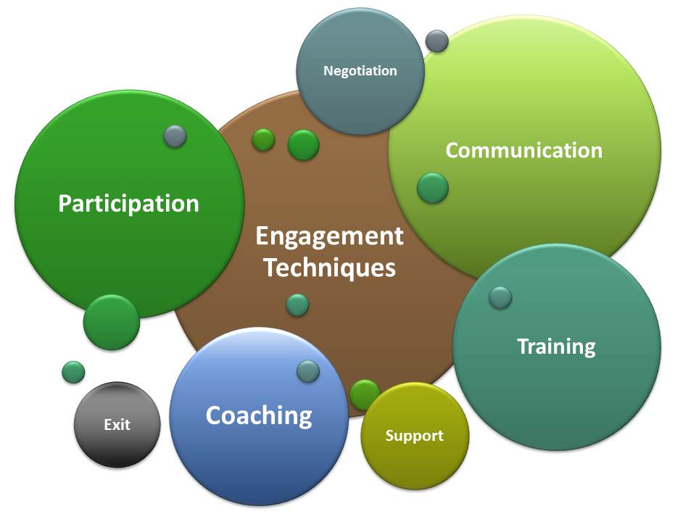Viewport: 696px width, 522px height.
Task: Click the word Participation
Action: click(x=128, y=204)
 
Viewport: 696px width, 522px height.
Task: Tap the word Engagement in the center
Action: click(x=329, y=236)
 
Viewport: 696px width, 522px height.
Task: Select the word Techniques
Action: click(x=329, y=268)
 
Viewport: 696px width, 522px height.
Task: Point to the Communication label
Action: click(x=523, y=150)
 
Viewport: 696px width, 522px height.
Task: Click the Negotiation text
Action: click(x=360, y=71)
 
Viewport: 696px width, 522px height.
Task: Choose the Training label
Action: click(x=556, y=347)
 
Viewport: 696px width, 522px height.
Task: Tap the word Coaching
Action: click(x=259, y=416)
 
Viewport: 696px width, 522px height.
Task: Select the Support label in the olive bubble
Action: click(x=414, y=436)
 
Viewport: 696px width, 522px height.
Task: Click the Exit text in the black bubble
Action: click(x=117, y=425)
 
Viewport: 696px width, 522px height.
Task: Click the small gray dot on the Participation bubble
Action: click(x=175, y=136)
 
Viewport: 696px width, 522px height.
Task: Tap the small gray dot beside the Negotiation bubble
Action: click(x=436, y=41)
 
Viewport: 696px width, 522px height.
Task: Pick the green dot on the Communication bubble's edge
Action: click(x=432, y=188)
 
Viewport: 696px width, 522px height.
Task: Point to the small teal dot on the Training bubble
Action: click(x=500, y=297)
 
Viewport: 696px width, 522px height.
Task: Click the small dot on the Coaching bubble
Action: click(x=308, y=371)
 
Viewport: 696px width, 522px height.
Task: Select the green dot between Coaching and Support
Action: click(x=364, y=394)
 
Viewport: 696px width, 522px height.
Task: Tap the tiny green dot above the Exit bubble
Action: click(x=73, y=372)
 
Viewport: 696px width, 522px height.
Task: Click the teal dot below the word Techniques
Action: click(x=297, y=305)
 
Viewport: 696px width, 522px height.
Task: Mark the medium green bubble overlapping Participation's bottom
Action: click(x=111, y=323)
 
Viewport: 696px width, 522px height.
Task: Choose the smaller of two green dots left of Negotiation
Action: click(x=263, y=139)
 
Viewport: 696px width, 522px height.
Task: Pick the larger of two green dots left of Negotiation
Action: click(x=303, y=145)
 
